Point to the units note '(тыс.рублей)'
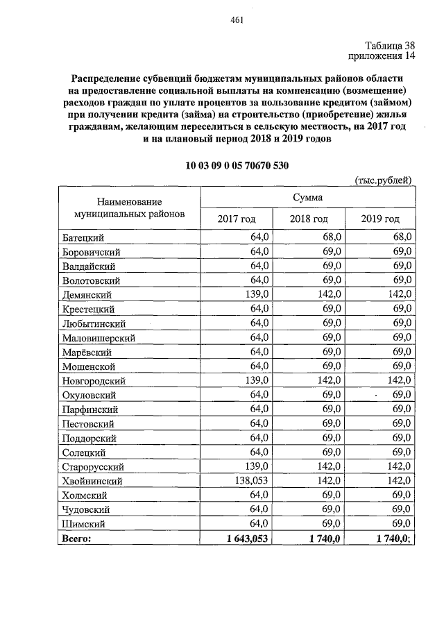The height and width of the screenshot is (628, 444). tap(384, 180)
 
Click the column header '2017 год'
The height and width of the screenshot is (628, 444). tap(237, 219)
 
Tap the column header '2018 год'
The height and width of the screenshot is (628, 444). tap(309, 219)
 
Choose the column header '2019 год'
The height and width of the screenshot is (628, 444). tap(380, 219)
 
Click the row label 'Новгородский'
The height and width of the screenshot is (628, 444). tap(94, 381)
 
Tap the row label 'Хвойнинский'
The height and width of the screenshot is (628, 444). tap(92, 481)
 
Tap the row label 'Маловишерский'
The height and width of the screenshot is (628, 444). tap(98, 338)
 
